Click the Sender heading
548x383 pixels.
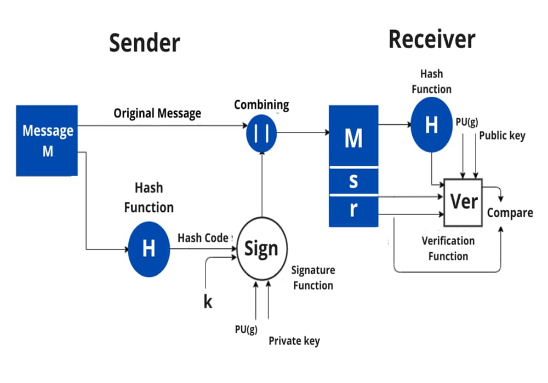[144, 43]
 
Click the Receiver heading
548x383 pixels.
[432, 40]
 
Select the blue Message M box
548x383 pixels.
[47, 141]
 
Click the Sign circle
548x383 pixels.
[261, 249]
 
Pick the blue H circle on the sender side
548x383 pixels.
[149, 249]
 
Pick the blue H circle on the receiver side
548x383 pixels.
[432, 125]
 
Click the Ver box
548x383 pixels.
[463, 202]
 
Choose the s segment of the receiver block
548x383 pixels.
[353, 181]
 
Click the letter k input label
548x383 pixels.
[208, 301]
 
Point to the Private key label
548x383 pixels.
[294, 341]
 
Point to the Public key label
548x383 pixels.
[502, 136]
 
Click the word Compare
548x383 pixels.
[510, 213]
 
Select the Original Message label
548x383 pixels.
[157, 113]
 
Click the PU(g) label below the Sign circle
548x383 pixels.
[246, 329]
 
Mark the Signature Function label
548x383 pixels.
[312, 277]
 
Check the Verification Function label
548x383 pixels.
[448, 248]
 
